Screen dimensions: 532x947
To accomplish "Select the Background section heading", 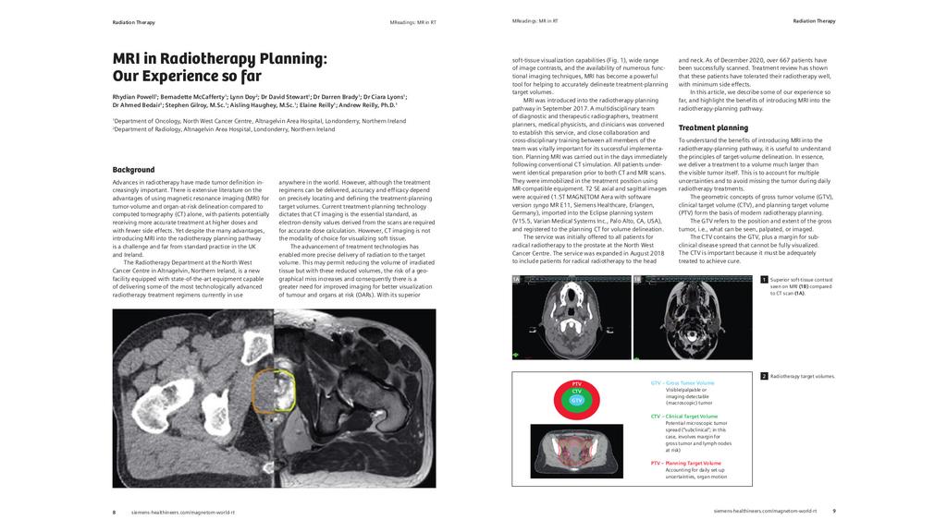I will pos(133,170).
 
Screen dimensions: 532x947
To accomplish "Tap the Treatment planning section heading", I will pos(713,127).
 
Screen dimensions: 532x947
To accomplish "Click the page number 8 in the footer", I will pos(114,511).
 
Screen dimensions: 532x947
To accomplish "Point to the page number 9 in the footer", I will pos(833,510).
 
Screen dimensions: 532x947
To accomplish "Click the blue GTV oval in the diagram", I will pos(576,399).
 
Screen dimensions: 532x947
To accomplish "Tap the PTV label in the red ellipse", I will pos(576,383).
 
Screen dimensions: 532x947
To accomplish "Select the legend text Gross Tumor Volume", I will pos(689,382).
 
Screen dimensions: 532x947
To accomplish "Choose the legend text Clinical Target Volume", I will pos(690,417).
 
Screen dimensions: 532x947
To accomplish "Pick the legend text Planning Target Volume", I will pos(692,463).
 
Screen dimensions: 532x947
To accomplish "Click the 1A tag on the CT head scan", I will pos(516,280).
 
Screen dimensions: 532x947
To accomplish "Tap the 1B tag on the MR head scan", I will pos(637,280).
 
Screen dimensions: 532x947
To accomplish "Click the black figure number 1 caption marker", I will pos(764,279).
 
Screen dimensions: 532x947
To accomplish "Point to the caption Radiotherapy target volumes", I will pos(803,376).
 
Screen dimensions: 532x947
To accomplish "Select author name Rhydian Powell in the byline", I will pos(134,96).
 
